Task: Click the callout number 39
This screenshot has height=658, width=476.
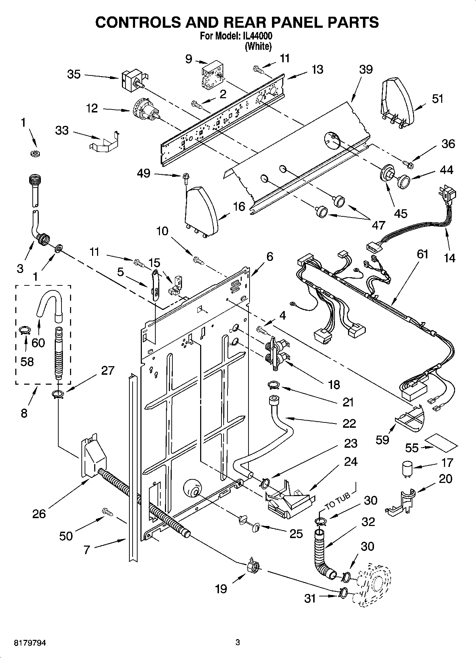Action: [365, 69]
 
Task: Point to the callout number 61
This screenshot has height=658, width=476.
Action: [422, 254]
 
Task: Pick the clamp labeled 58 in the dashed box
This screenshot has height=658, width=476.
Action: [25, 330]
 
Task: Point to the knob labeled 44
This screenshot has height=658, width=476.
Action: [404, 181]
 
